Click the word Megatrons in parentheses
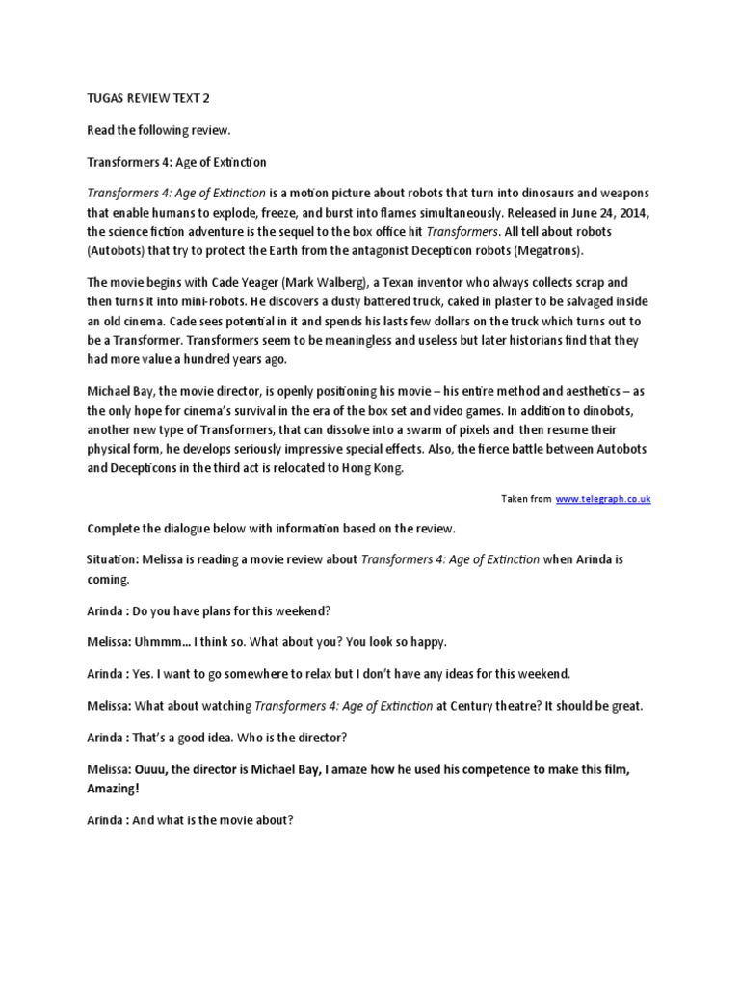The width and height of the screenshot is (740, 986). (x=543, y=250)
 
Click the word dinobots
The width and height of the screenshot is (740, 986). (x=586, y=408)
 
